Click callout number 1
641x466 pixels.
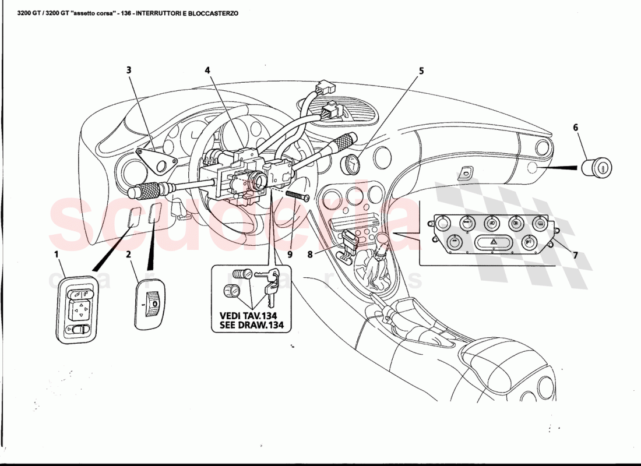point(57,254)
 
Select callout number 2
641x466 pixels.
point(128,254)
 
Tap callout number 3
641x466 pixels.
point(129,70)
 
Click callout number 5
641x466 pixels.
point(421,71)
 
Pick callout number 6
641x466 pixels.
point(576,128)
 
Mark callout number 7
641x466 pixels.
point(575,255)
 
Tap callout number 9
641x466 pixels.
point(290,254)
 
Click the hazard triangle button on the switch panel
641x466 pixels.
point(492,243)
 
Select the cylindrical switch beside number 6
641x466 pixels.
point(597,167)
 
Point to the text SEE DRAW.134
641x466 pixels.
point(251,326)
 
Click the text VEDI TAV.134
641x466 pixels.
point(251,316)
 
